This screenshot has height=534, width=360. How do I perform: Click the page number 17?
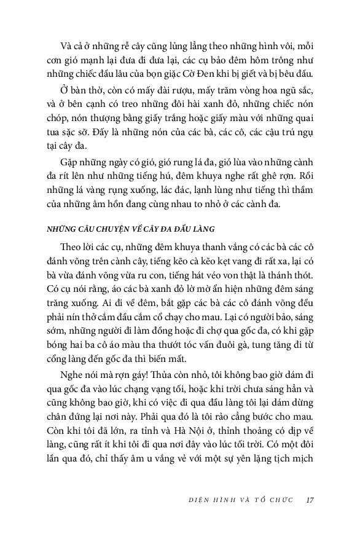(310, 500)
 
